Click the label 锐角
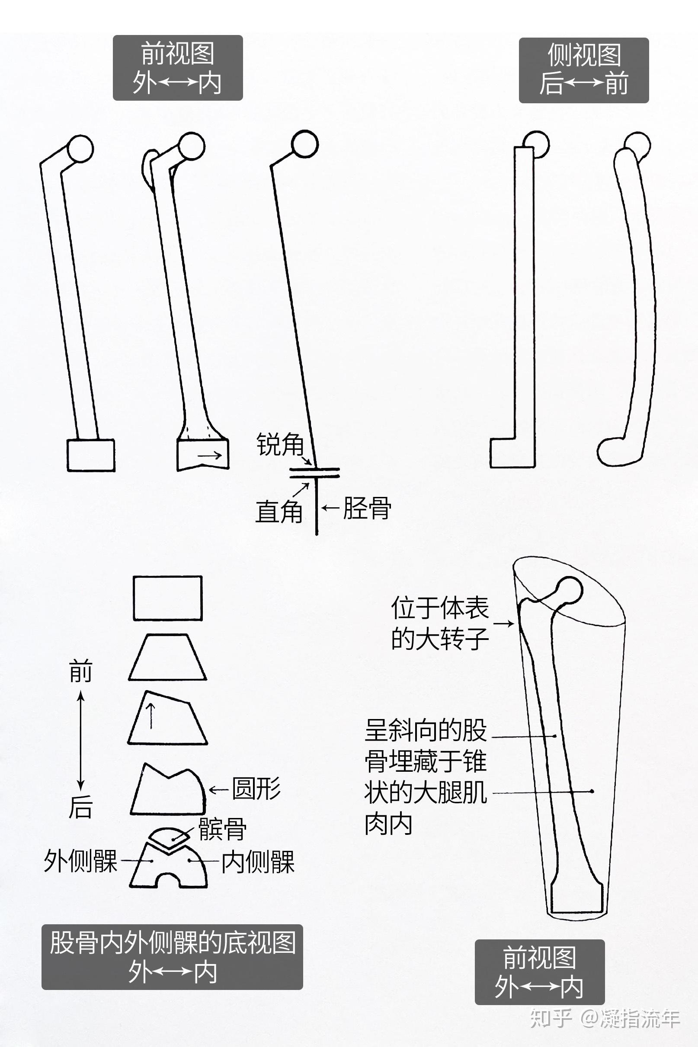(280, 444)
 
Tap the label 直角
(279, 511)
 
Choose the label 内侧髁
(258, 862)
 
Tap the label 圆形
(256, 789)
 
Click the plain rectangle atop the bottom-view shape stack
(168, 598)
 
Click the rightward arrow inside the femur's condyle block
(210, 455)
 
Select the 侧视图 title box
(583, 70)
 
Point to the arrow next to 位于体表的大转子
(504, 624)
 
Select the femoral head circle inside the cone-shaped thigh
(570, 590)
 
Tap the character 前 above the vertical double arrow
(80, 671)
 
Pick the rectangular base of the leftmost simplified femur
(91, 455)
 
